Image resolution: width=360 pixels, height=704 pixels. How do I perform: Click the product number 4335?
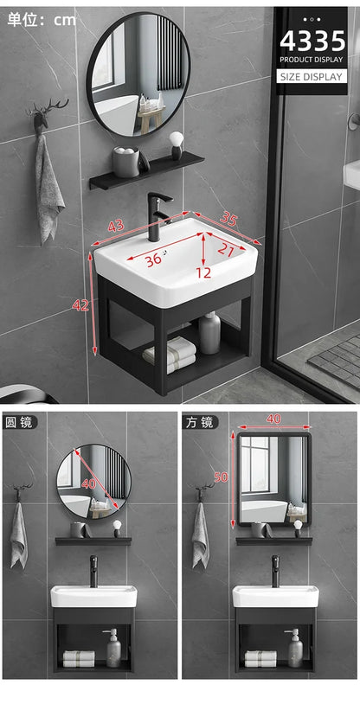[312, 40]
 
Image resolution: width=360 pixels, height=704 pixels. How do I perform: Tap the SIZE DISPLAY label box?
[312, 76]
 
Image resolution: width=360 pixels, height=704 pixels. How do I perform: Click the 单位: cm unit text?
[42, 19]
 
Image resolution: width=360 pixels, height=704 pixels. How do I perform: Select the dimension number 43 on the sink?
[115, 226]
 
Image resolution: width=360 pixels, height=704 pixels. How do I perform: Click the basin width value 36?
[153, 259]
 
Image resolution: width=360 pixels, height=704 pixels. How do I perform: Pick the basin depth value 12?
[202, 272]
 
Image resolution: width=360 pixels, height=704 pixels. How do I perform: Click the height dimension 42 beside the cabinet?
[81, 304]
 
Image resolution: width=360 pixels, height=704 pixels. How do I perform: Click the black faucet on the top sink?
[157, 216]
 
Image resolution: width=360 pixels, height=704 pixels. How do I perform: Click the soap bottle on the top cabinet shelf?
[209, 333]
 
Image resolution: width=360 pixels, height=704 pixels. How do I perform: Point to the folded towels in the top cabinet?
[170, 353]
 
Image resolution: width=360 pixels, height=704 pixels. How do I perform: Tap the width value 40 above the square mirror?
[274, 419]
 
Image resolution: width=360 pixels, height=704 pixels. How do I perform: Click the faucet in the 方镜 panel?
[275, 570]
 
